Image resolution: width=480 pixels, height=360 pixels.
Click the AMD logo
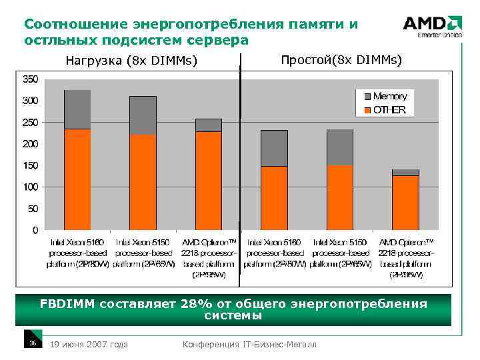pyautogui.click(x=432, y=25)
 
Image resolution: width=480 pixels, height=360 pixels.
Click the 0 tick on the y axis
pyautogui.click(x=35, y=230)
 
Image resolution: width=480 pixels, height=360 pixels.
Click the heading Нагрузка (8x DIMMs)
pyautogui.click(x=131, y=61)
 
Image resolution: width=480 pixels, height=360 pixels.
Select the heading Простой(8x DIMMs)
pyautogui.click(x=341, y=60)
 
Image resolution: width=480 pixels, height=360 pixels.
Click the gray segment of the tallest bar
pyautogui.click(x=77, y=109)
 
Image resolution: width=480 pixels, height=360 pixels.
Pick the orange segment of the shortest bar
pyautogui.click(x=405, y=203)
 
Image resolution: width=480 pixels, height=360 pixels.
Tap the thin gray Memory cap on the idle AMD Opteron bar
pyautogui.click(x=405, y=173)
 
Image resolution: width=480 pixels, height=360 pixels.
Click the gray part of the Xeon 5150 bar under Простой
pyautogui.click(x=339, y=147)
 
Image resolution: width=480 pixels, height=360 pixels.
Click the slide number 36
pyautogui.click(x=32, y=343)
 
